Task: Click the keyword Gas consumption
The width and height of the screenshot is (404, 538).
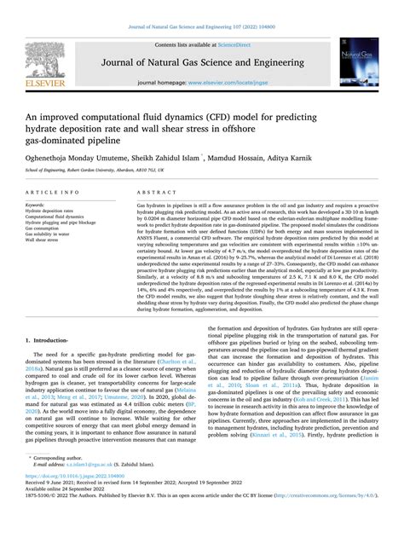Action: click(45, 228)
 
